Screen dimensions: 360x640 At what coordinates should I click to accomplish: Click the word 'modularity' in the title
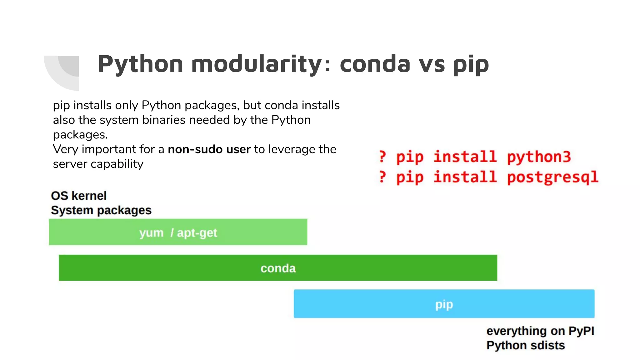pos(256,64)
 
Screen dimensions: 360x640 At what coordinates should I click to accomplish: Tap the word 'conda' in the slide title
pos(375,64)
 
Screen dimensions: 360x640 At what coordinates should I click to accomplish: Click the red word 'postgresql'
pos(552,177)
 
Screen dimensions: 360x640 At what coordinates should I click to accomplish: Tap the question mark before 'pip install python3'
pos(382,157)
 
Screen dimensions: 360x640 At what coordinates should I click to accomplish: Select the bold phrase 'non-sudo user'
pos(209,149)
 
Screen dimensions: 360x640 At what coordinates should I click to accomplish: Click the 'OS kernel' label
pos(79,196)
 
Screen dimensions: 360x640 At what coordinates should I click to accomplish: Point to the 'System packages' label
pos(101,210)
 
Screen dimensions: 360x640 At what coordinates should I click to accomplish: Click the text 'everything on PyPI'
pos(540,331)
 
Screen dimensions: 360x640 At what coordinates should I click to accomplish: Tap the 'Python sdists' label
pos(525,345)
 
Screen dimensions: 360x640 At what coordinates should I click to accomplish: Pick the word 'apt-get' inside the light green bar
pos(197,233)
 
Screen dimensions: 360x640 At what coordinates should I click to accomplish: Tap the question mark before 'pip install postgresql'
pos(382,177)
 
